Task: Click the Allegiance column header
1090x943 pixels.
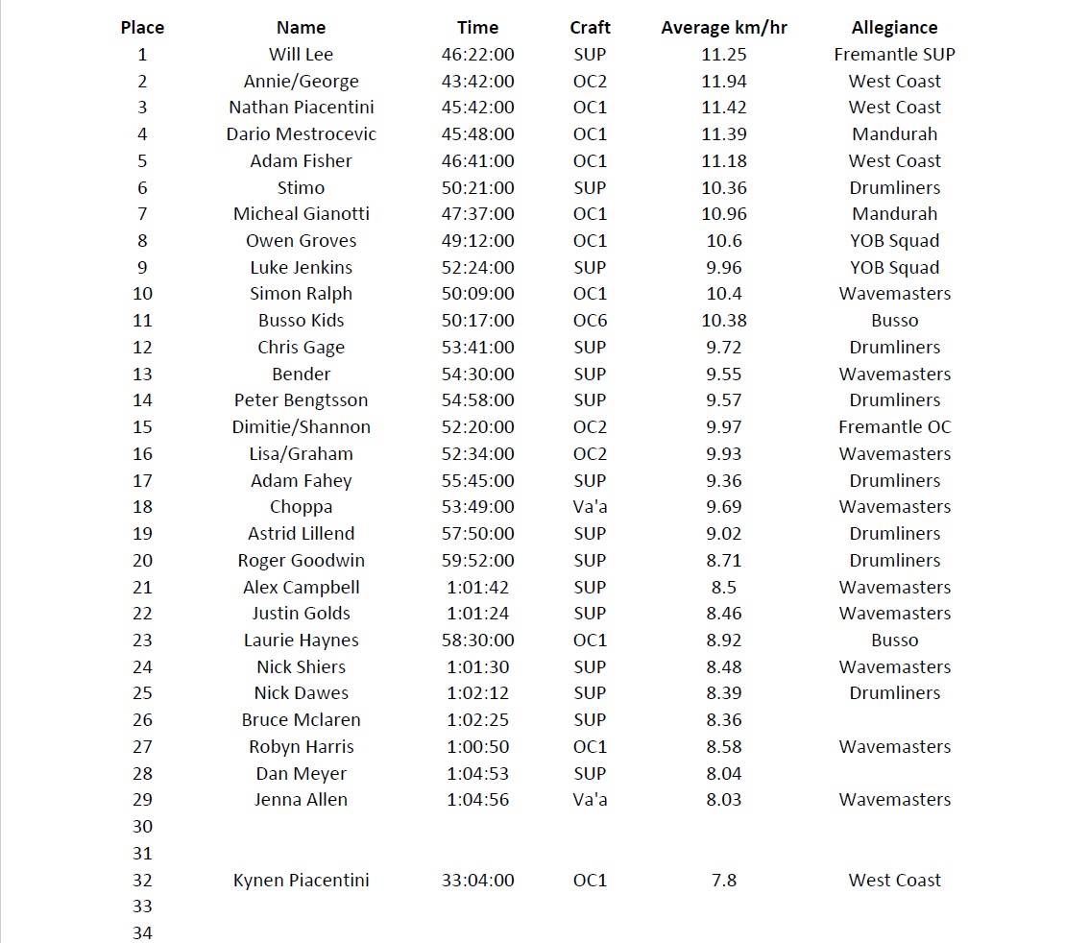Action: click(x=894, y=28)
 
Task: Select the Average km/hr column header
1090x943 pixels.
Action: click(x=723, y=28)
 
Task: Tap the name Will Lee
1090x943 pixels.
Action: click(x=301, y=55)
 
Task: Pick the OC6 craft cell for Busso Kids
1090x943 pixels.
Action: click(x=590, y=321)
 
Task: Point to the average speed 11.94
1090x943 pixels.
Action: click(x=723, y=82)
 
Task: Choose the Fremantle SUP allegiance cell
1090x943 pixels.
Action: click(x=894, y=55)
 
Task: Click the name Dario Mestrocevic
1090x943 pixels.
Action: click(x=301, y=134)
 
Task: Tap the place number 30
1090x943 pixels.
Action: click(x=142, y=827)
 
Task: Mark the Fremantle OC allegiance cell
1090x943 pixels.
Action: click(x=894, y=427)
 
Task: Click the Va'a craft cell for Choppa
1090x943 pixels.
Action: click(x=590, y=507)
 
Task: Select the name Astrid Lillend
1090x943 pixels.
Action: click(x=301, y=534)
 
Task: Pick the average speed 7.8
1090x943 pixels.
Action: click(x=723, y=881)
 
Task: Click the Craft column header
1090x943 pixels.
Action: click(x=590, y=28)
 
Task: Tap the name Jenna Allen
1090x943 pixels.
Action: click(x=301, y=800)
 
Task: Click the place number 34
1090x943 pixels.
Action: click(x=142, y=932)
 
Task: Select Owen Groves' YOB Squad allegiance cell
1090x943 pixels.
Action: click(x=894, y=241)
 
